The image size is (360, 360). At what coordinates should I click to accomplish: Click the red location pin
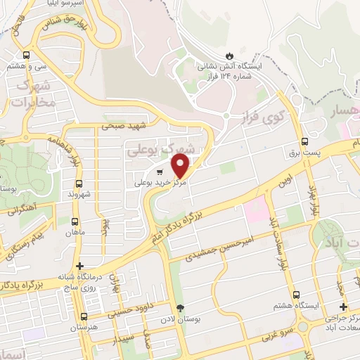(x=181, y=167)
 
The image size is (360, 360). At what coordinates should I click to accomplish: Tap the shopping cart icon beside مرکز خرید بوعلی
(x=160, y=172)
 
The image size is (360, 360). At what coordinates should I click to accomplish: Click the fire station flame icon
(x=229, y=54)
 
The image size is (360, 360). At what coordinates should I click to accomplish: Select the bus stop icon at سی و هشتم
(x=27, y=54)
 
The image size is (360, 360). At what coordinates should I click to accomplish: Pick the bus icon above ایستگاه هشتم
(x=296, y=295)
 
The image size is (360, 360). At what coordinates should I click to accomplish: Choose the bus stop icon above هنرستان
(x=84, y=317)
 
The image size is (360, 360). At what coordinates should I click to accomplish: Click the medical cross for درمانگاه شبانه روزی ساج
(x=80, y=266)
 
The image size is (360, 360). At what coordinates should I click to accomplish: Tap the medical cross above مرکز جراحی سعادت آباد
(x=342, y=307)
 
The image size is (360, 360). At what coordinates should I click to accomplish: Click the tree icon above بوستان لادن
(x=180, y=308)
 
